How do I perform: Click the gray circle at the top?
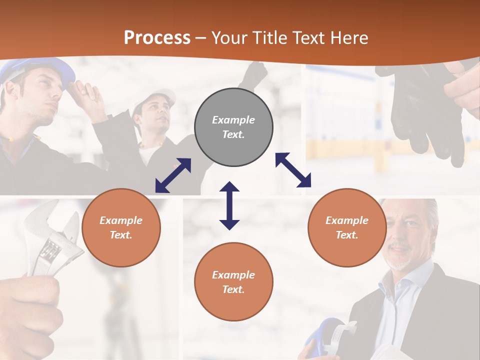click(233, 127)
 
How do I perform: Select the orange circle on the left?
click(121, 227)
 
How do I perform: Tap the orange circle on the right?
click(347, 227)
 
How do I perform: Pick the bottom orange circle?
click(233, 282)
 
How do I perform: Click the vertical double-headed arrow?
click(229, 205)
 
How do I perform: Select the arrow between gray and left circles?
click(173, 175)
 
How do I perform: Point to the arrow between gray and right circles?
click(293, 170)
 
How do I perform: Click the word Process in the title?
click(157, 37)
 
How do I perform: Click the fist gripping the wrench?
click(30, 310)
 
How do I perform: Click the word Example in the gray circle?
click(233, 120)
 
